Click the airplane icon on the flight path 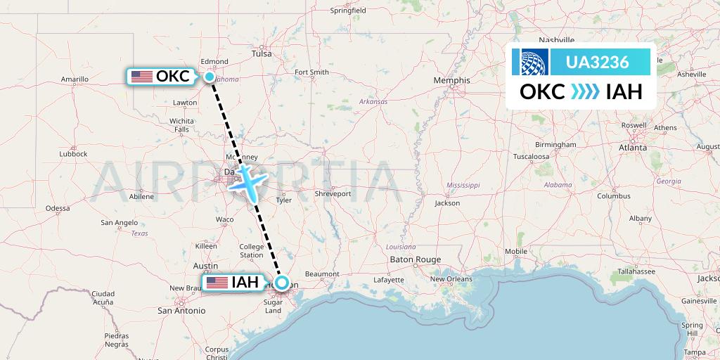point(250,181)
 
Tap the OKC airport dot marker point(210,77)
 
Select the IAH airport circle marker point(282,283)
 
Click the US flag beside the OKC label point(142,77)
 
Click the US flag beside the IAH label point(217,283)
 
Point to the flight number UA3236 point(598,62)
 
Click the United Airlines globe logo point(534,62)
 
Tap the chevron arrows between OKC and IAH point(585,92)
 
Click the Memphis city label point(451,80)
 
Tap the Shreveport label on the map point(333,193)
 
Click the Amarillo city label point(75,79)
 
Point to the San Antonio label point(181,310)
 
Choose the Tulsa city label point(262,53)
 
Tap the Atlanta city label point(633,148)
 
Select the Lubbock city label point(73,153)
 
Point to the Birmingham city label point(555,144)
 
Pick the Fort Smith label point(311,72)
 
